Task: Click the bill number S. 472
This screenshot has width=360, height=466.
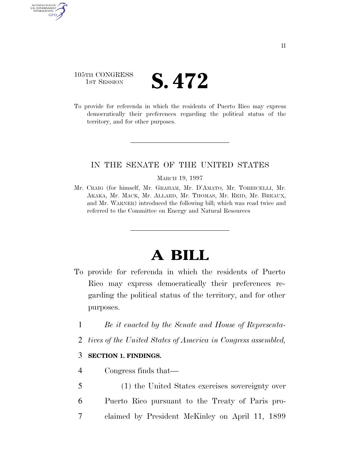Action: click(180, 81)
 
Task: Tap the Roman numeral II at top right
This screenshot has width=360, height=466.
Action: click(283, 46)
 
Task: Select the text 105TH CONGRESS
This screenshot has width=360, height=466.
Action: click(103, 75)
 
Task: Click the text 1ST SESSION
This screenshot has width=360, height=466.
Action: click(104, 82)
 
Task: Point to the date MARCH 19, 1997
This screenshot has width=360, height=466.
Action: click(180, 178)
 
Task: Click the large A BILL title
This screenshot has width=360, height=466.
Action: click(180, 255)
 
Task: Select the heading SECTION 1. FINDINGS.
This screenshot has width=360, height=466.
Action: click(124, 356)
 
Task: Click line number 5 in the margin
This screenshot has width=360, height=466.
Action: click(80, 386)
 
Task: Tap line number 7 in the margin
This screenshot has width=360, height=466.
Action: click(80, 416)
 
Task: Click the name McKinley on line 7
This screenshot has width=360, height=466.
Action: click(199, 416)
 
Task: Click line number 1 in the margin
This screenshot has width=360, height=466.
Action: click(80, 325)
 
